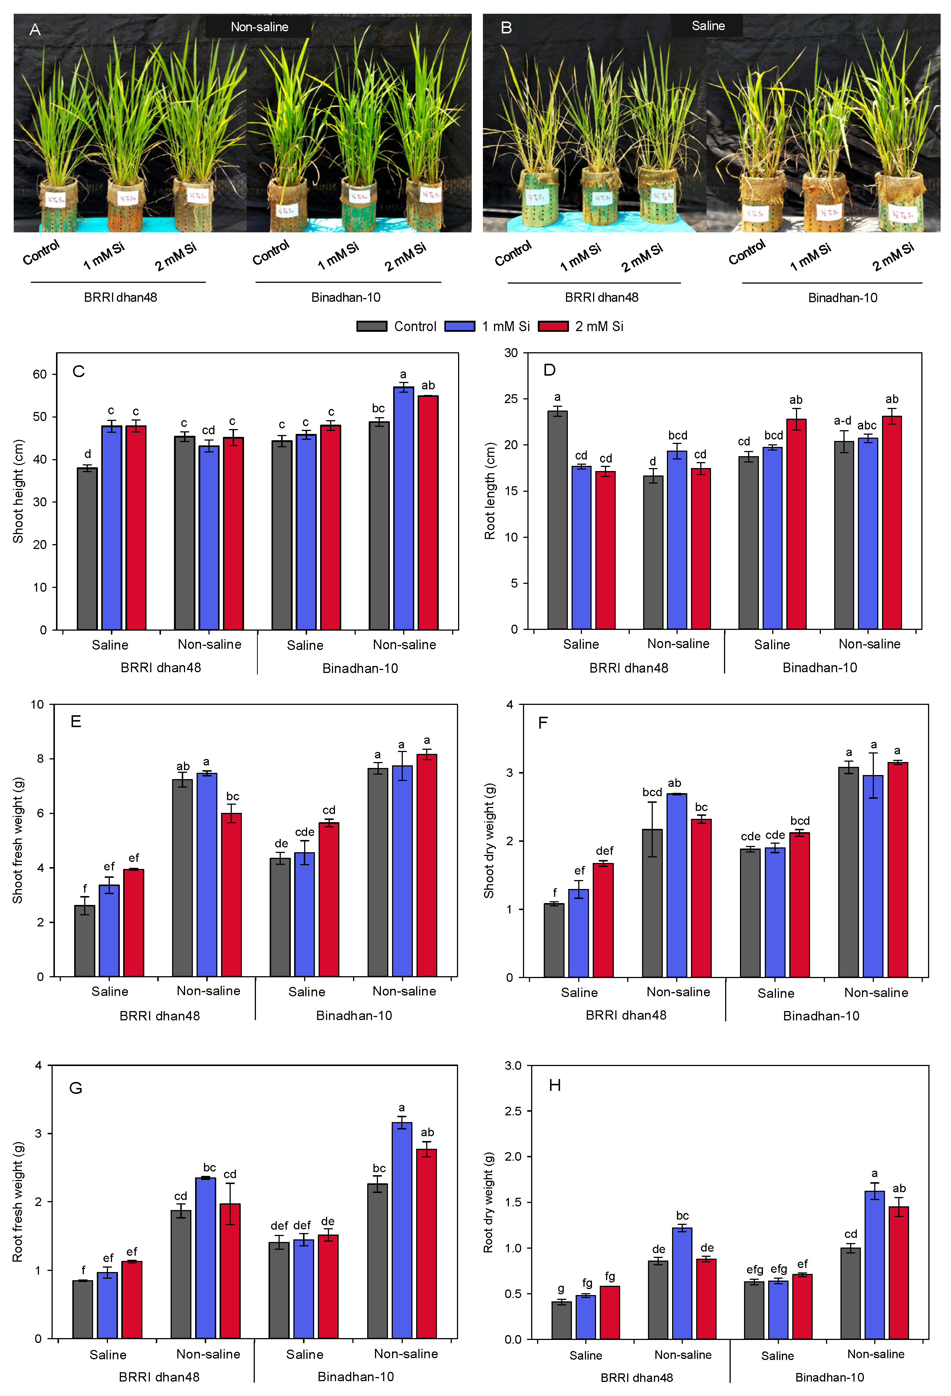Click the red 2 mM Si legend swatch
coord(553,326)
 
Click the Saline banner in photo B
coord(708,26)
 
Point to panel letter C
coord(79,371)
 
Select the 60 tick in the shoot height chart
coord(40,374)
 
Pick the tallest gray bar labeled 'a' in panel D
coord(557,520)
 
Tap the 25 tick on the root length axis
coord(511,399)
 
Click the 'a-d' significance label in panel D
coord(842,421)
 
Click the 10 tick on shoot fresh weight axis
coord(37,704)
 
